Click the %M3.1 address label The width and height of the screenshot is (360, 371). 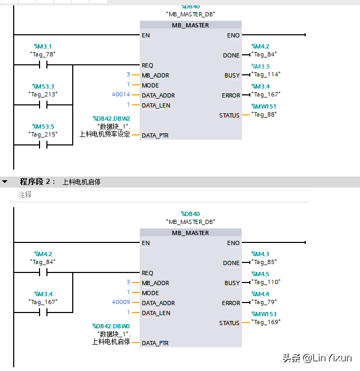coord(43,46)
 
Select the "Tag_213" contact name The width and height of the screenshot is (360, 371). coord(43,94)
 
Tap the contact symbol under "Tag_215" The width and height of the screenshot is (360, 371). coord(43,144)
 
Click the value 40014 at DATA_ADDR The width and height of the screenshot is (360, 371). coord(121,95)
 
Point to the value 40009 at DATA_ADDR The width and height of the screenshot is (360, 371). coord(121,302)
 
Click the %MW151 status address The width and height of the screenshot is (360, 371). coord(264,106)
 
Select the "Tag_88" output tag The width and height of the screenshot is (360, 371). coord(264,114)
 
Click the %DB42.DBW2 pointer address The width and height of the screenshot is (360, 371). coord(111,119)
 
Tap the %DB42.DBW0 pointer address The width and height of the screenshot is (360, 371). coord(111,326)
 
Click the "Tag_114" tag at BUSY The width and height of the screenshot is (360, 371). coord(266,74)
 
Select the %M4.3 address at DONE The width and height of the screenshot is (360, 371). coord(260,254)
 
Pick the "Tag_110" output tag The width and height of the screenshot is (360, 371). coord(266,282)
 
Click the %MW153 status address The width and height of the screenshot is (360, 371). coord(264,314)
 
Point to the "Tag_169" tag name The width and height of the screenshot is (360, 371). coord(266,321)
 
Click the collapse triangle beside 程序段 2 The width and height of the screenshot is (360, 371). coord(5,182)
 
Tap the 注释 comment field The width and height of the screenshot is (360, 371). coord(25,195)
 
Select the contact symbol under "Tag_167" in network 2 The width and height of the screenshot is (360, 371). coord(43,313)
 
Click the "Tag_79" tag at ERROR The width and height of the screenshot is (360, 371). coord(264,302)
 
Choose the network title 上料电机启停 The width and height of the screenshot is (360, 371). coord(81,182)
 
